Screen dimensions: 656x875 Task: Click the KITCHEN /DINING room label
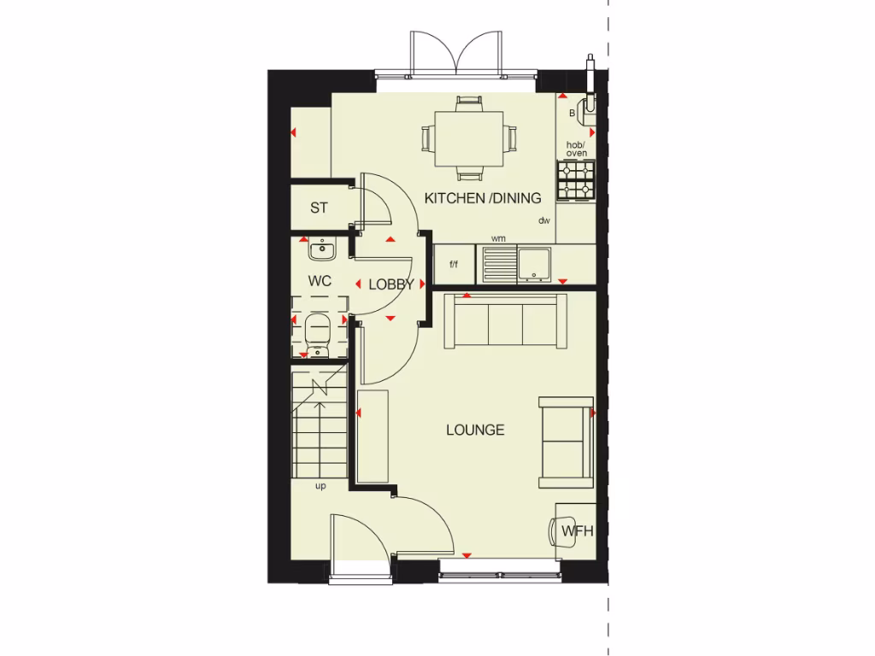[x=483, y=198]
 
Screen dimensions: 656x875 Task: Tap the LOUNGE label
[x=475, y=430]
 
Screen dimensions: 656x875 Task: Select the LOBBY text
[x=391, y=284]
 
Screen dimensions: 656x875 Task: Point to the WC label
[x=319, y=280]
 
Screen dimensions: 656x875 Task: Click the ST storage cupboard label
[x=319, y=208]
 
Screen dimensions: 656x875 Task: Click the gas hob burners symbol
[x=574, y=180]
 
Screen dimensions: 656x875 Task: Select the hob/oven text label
[x=576, y=149]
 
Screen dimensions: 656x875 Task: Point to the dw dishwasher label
[x=543, y=221]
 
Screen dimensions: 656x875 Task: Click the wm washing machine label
[x=497, y=239]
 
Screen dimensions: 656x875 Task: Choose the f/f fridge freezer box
[x=453, y=263]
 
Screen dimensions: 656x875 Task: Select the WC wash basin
[x=322, y=249]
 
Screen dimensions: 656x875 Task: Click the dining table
[x=469, y=138]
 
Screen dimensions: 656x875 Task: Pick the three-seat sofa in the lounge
[x=505, y=322]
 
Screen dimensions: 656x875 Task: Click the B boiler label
[x=572, y=113]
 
